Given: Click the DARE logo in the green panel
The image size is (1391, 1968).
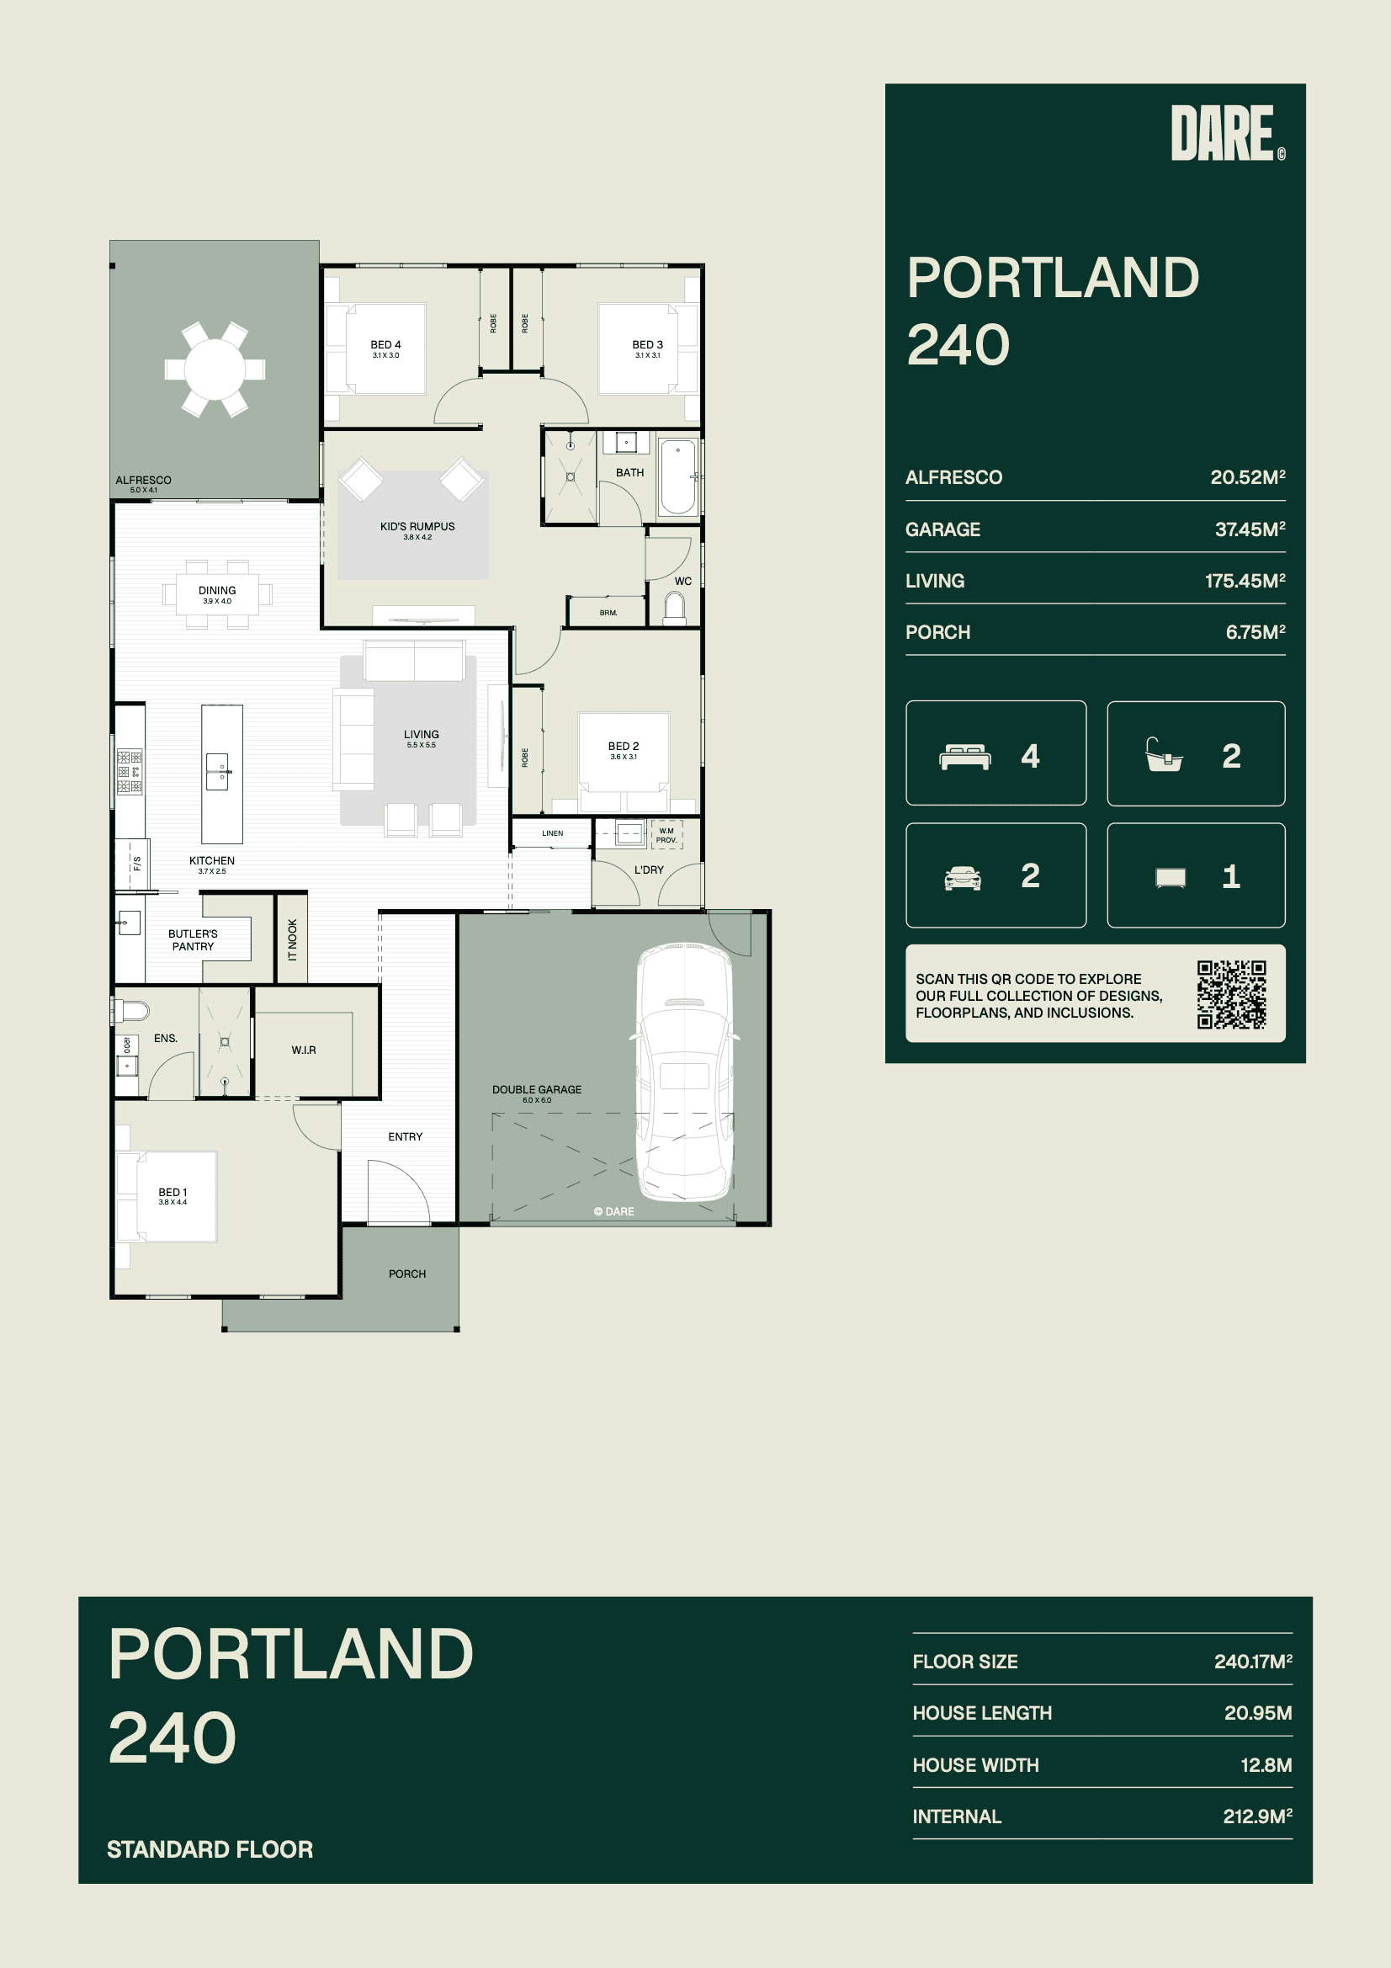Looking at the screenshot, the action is (1227, 133).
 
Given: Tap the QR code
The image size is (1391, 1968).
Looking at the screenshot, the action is (1232, 994).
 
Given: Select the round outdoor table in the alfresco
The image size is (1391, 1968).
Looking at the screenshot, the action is (215, 370).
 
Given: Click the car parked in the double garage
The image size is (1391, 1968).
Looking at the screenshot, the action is (685, 1072).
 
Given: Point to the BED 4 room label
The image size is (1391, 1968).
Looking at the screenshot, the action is (385, 344).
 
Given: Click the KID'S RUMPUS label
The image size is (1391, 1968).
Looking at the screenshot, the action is (417, 526).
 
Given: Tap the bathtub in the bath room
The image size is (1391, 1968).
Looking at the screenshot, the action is (678, 476).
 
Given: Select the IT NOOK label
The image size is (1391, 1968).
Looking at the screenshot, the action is (292, 939).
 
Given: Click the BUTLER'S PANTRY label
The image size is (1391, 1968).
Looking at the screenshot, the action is (193, 939).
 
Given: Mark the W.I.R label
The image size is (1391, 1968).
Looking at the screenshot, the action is (304, 1050).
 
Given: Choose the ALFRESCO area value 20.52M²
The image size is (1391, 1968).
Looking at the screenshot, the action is (1247, 477).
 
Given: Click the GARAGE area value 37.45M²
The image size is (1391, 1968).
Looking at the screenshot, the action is (1250, 529).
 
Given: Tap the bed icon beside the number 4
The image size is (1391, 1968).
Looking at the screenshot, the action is (966, 757).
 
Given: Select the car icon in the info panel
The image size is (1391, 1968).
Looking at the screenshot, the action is (963, 878).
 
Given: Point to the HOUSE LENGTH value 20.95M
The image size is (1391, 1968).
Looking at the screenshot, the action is (1257, 1713).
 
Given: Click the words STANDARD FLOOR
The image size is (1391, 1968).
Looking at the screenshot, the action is (210, 1849).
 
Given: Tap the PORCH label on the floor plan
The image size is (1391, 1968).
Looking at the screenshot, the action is (407, 1274).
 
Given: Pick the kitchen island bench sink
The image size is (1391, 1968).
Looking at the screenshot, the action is (218, 771).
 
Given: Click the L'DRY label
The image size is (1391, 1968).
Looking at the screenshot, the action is (649, 870).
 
